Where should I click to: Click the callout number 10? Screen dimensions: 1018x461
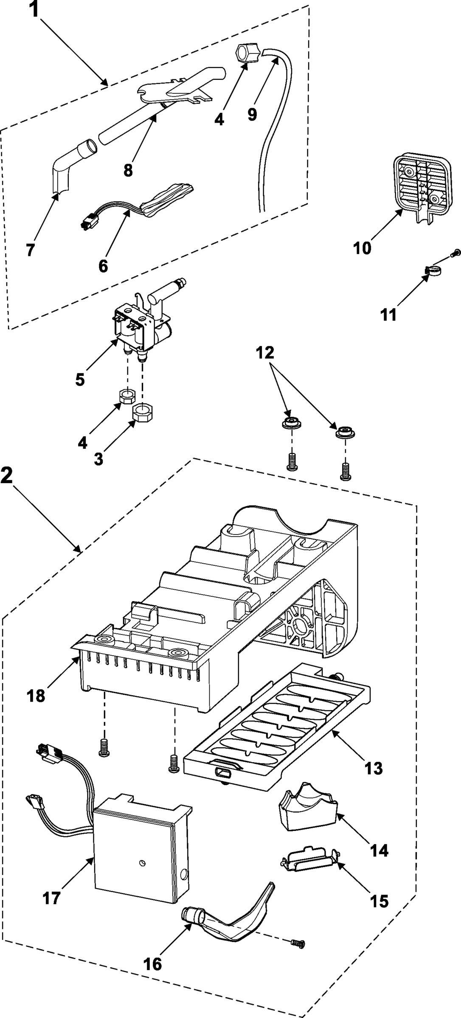(x=362, y=248)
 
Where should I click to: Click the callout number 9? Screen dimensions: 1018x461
(x=253, y=114)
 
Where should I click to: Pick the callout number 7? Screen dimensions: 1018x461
(x=30, y=250)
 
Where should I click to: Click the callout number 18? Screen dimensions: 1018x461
(x=36, y=696)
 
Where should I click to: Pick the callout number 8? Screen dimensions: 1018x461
(x=128, y=170)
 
